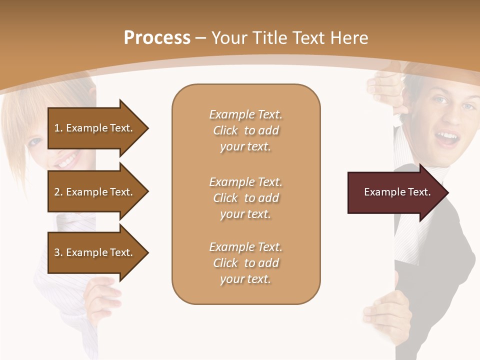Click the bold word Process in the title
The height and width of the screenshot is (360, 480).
(x=157, y=37)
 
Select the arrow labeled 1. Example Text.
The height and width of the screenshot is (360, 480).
(x=95, y=128)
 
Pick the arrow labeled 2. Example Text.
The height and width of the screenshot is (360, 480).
(x=95, y=192)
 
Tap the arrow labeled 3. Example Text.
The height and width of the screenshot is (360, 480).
(x=95, y=252)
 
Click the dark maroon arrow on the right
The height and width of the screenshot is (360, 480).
(x=395, y=192)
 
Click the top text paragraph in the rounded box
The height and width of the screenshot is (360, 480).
(x=245, y=130)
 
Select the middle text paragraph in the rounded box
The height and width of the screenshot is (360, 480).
(x=245, y=198)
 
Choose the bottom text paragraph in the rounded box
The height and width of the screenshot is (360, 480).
(x=245, y=263)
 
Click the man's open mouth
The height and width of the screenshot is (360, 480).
(x=447, y=137)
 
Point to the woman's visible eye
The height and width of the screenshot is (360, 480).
(x=35, y=141)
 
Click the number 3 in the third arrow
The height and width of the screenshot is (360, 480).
(x=57, y=252)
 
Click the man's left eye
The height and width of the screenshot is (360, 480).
(x=469, y=106)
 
